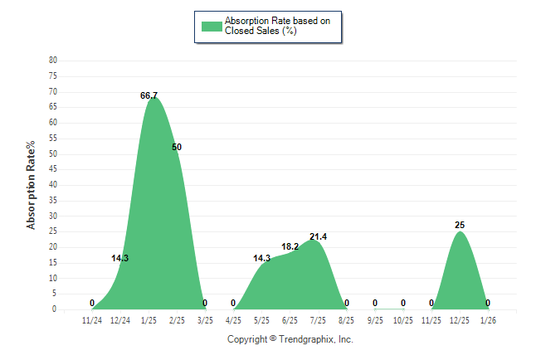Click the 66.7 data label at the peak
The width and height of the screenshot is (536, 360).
click(149, 96)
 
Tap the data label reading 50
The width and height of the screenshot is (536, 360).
click(177, 148)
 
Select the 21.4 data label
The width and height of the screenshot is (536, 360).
click(318, 237)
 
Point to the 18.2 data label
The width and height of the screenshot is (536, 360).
click(290, 247)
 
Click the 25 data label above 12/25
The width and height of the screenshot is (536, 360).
click(460, 226)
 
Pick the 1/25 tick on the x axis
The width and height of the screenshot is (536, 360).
click(149, 320)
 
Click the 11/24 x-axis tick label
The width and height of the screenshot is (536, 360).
click(92, 320)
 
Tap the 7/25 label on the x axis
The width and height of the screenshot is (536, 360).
click(318, 320)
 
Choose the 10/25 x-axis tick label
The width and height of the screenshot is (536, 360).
click(402, 320)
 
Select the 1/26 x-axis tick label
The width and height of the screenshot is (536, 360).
click(487, 320)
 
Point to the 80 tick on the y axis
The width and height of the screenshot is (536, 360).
click(53, 61)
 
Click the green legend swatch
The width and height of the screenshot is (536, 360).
click(212, 26)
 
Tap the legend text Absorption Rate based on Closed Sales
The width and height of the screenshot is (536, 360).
click(277, 26)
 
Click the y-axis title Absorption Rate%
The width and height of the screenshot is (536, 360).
click(32, 185)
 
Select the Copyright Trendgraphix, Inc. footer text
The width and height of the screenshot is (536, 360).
click(290, 339)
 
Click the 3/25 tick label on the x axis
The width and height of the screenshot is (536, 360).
click(205, 320)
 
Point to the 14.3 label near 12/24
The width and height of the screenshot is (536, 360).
click(119, 259)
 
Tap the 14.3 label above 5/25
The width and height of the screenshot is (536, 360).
click(261, 259)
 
